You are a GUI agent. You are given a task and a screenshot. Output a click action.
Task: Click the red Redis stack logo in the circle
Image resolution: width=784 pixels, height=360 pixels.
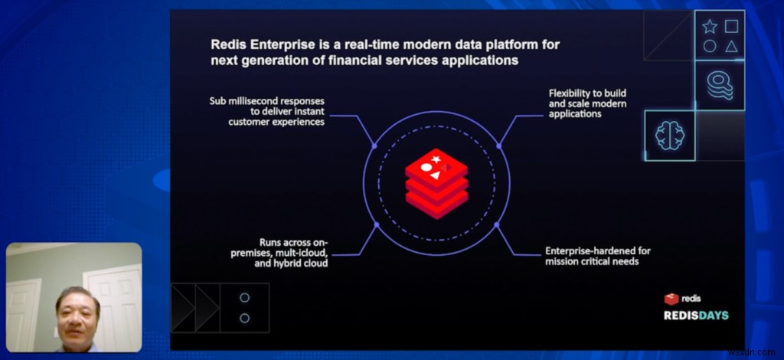pos(436,184)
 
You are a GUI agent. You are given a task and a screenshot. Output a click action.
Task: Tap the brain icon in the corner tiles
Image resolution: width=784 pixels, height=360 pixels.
pos(669,136)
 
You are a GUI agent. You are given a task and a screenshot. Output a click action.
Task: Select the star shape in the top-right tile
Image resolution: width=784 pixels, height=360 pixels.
pos(710,27)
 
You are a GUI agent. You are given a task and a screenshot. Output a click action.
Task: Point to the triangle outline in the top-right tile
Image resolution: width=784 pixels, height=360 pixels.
pos(731,47)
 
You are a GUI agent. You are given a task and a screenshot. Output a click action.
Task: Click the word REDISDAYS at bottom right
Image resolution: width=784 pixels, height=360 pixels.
pos(696,316)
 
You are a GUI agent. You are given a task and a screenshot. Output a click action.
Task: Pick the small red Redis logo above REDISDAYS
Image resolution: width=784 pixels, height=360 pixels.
pos(671,299)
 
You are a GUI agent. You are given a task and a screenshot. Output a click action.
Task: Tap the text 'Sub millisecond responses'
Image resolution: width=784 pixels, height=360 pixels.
pos(267,101)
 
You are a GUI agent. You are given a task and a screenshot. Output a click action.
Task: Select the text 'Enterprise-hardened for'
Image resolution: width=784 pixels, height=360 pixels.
pos(598,250)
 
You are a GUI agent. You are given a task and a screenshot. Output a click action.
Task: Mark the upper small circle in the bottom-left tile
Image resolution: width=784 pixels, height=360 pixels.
pos(244,297)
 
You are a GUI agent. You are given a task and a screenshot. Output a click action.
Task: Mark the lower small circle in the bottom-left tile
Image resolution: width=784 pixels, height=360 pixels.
pos(244,318)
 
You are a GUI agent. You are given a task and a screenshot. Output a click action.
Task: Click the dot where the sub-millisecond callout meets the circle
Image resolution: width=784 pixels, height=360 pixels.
pos(374,146)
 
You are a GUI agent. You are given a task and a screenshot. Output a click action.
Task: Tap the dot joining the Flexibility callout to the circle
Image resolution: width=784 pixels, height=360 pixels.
pos(499,146)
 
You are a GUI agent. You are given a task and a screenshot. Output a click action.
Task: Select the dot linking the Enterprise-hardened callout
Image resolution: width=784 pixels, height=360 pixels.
pos(496,225)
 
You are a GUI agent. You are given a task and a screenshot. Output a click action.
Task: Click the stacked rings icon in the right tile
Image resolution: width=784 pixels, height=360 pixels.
pos(720,85)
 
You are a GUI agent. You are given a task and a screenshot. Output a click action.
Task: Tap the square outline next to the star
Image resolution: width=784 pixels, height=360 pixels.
pos(731,26)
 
